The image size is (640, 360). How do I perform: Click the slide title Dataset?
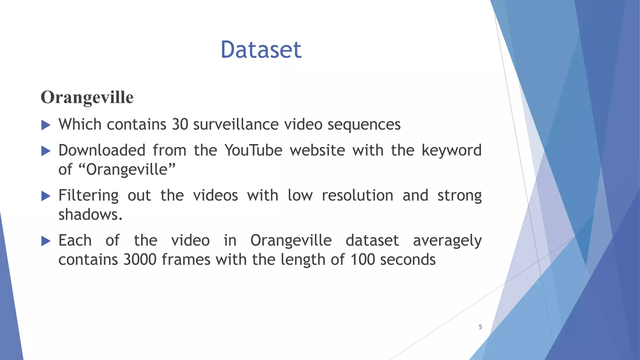coord(261,50)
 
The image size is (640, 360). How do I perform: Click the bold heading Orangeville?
coord(87,97)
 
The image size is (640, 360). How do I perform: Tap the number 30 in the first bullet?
coord(180,124)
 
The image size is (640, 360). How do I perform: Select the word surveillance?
coord(236,124)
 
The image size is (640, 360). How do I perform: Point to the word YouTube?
coord(253,150)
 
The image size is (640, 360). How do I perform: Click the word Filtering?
coord(88,196)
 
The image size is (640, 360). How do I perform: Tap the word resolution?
coord(357,196)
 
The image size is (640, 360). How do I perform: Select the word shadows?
coord(90,215)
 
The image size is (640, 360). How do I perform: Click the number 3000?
coord(140,260)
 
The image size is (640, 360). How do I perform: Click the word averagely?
coord(447,241)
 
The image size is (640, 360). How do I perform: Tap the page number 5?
coord(480,327)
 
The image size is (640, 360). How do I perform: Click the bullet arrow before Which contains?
coord(46,125)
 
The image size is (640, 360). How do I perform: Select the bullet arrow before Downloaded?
coord(46,151)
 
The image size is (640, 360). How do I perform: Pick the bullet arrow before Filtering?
coord(46,196)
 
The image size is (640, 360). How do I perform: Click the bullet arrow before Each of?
coord(46,241)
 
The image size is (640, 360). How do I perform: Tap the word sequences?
coord(364,124)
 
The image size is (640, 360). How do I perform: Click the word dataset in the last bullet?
coord(372,241)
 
